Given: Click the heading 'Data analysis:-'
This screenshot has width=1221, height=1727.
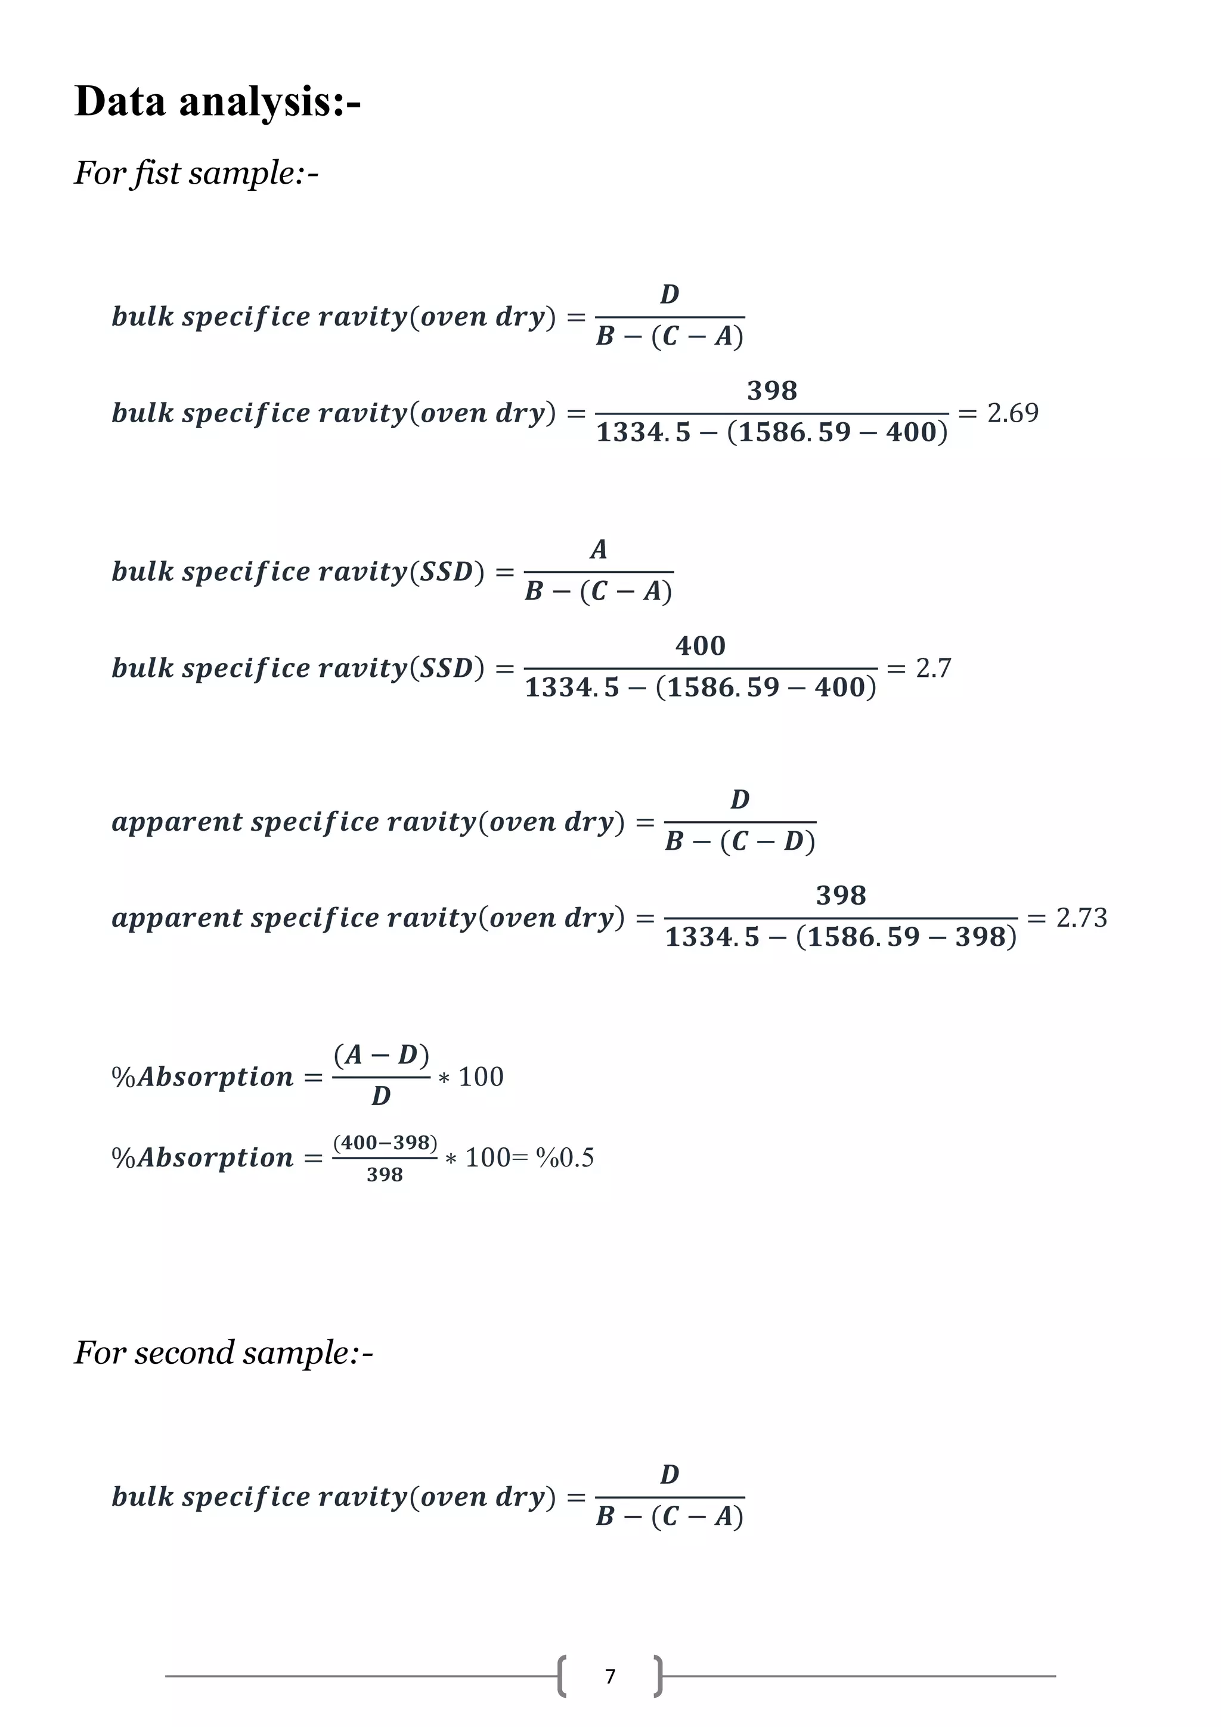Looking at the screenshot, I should (217, 101).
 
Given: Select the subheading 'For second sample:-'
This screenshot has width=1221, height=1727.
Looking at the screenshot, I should (224, 1352).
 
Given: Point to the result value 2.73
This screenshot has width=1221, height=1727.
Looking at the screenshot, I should (1081, 918).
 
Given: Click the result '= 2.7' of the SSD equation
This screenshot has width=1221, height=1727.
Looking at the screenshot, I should (919, 668).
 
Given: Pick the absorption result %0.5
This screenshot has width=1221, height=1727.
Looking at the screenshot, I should (565, 1157).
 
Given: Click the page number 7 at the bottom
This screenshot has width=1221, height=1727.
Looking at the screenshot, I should (610, 1676).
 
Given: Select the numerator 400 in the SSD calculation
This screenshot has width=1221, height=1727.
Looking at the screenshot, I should (700, 645).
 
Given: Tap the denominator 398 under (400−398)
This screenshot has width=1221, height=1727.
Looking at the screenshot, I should (384, 1175).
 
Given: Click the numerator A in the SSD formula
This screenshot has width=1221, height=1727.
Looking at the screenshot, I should (599, 549).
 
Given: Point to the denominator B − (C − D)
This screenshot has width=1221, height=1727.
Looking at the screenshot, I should (740, 841).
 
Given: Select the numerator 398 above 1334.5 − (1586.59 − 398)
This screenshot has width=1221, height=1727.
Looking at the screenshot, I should (841, 895).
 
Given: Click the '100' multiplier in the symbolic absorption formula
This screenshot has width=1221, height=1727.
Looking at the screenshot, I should (481, 1077).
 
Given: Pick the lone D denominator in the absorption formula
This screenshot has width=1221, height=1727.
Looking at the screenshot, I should (381, 1097).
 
